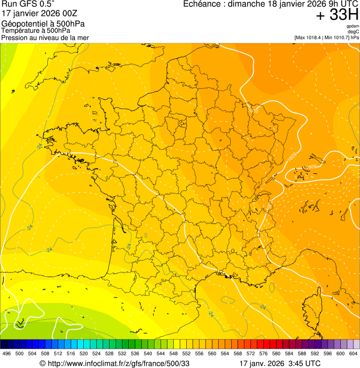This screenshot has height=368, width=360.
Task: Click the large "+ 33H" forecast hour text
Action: click(x=337, y=15)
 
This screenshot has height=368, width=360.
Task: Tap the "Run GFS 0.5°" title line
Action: click(x=28, y=4)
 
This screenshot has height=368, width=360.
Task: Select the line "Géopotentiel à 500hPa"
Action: click(x=43, y=24)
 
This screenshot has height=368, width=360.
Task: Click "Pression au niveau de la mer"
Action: click(x=45, y=37)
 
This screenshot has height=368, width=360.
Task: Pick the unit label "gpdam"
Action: click(x=353, y=26)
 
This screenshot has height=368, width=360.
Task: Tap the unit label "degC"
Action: click(x=353, y=31)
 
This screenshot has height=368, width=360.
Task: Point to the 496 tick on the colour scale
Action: click(x=7, y=353)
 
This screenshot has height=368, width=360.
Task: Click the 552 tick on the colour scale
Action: click(x=186, y=353)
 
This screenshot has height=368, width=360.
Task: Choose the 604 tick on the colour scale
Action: click(x=353, y=353)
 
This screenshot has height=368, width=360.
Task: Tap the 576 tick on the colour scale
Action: click(x=264, y=353)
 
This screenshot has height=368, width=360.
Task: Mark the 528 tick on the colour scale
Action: click(x=109, y=353)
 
